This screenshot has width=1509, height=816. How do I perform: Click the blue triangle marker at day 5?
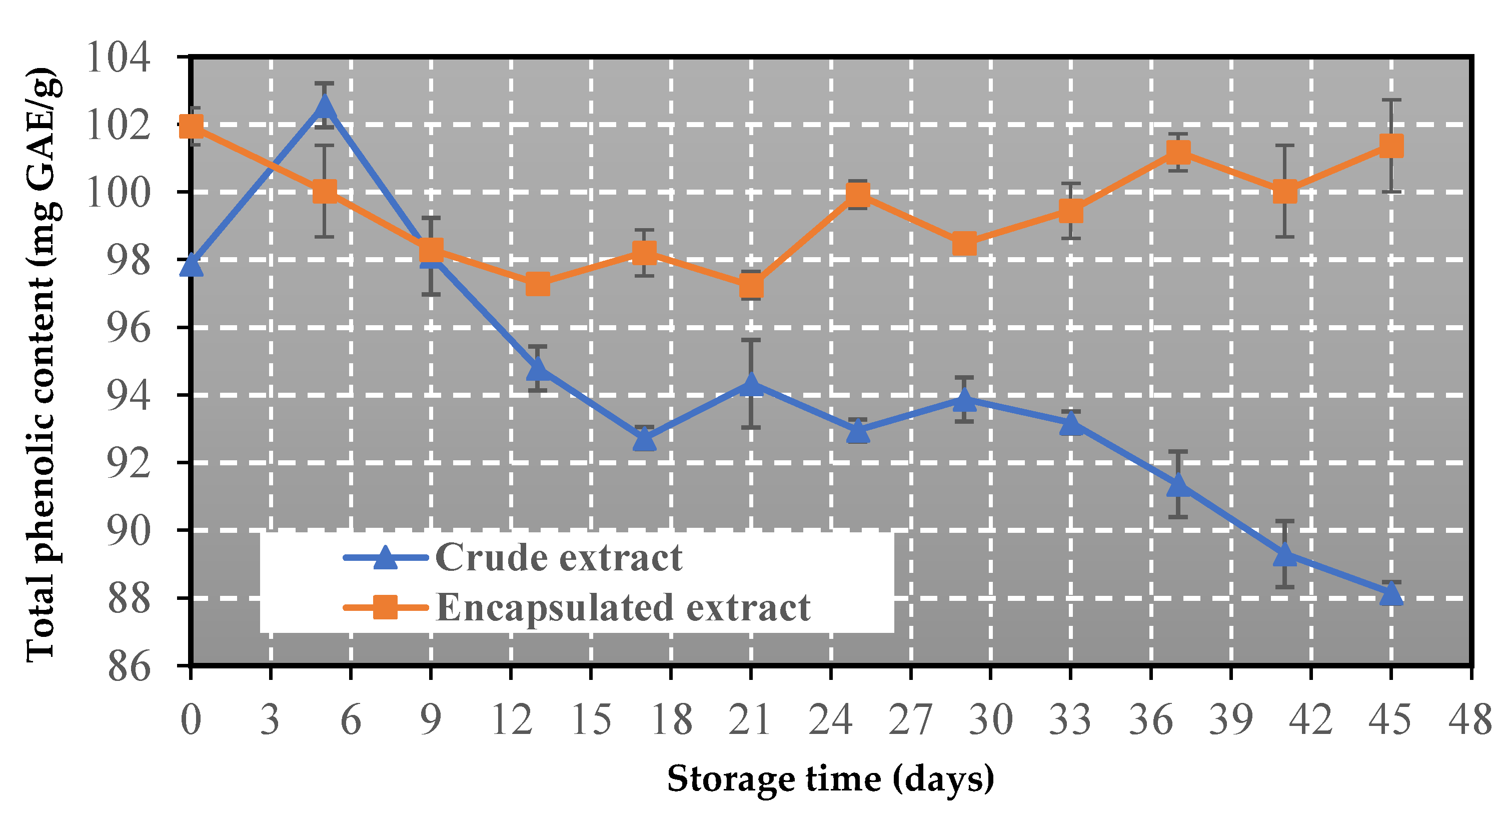click(x=324, y=107)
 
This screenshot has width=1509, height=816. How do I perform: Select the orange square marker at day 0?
click(x=192, y=126)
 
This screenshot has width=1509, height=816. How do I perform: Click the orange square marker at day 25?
click(x=858, y=194)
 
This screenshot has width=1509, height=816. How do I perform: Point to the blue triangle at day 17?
click(x=644, y=438)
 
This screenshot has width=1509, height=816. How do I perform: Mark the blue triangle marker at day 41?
click(x=1284, y=554)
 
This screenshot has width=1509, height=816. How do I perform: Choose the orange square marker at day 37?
click(x=1178, y=152)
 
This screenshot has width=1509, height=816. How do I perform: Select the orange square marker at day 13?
click(x=538, y=285)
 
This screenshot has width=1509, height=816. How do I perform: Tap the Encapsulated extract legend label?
click(x=623, y=607)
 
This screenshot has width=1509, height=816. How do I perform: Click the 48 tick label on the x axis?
click(x=1470, y=719)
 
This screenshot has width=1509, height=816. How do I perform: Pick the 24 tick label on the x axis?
click(x=831, y=719)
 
